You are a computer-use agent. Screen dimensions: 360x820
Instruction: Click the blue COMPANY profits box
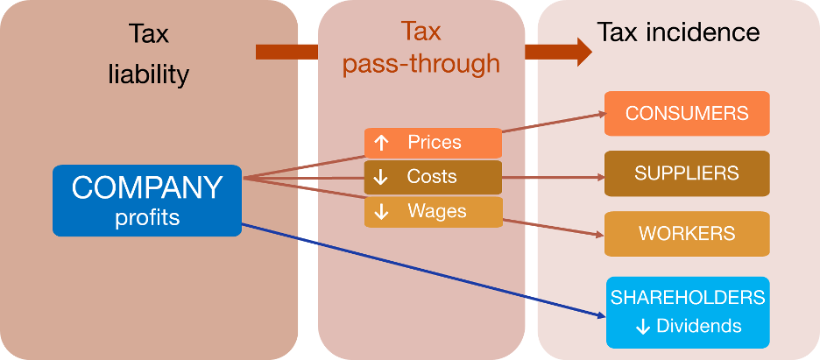click(146, 200)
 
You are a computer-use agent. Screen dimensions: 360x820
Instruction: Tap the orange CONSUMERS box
click(687, 113)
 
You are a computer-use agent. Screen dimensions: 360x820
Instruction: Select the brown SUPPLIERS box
click(687, 173)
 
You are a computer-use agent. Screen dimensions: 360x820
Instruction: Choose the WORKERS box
click(687, 234)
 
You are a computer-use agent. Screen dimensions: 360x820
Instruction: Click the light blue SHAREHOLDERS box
click(688, 312)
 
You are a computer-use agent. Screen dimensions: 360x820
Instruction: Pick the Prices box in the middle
click(433, 142)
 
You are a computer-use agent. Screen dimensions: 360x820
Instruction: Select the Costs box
click(433, 176)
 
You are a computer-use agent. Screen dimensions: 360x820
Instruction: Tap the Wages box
click(433, 211)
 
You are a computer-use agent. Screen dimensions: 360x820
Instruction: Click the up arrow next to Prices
click(381, 142)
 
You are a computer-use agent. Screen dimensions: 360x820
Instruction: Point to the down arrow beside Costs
click(381, 177)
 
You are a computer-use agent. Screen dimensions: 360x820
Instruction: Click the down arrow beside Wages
click(381, 211)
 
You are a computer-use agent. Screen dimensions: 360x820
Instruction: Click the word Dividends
click(700, 327)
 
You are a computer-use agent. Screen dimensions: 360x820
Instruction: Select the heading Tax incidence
click(678, 32)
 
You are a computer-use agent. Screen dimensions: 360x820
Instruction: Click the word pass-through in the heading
click(421, 64)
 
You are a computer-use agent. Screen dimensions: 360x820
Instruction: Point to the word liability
click(148, 74)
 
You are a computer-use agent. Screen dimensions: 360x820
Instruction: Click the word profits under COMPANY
click(147, 217)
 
